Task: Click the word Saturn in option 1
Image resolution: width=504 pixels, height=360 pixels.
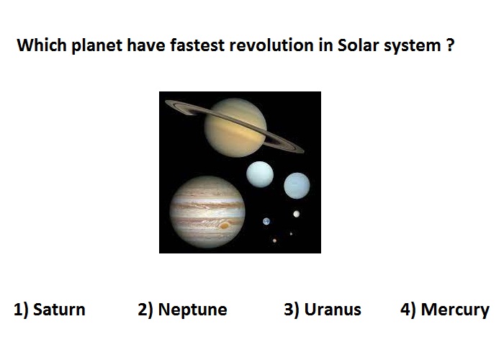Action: (59, 310)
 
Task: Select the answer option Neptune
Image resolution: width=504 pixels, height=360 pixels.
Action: (183, 310)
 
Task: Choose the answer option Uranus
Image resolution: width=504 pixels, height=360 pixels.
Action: (323, 310)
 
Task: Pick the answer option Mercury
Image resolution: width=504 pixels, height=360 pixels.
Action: (445, 310)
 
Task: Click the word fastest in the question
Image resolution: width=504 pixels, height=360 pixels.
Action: (197, 45)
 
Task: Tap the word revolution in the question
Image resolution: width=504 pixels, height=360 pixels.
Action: (271, 45)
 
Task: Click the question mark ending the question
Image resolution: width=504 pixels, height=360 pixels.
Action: (450, 45)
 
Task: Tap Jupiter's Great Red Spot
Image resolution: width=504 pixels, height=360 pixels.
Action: (225, 225)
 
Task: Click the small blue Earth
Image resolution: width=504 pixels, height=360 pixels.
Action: (266, 222)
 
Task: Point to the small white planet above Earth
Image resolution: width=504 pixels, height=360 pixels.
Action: (297, 214)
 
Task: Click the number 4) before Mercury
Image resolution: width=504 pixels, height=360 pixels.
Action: (408, 310)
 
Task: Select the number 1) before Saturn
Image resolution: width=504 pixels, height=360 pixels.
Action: (21, 310)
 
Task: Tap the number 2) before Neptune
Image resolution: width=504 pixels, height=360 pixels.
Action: (145, 310)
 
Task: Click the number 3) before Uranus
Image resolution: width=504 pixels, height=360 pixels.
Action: (292, 310)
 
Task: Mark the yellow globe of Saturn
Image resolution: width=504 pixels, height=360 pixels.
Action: (235, 127)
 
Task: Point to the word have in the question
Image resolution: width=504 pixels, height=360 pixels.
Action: (146, 45)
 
